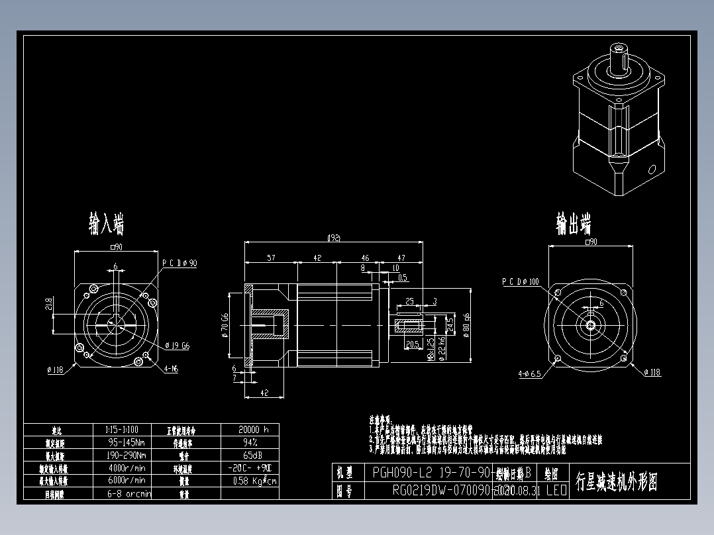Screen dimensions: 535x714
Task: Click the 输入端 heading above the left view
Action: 107,224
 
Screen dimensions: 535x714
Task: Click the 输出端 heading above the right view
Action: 574,224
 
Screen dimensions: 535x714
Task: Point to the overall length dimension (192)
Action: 334,238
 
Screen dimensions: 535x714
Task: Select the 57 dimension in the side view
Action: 271,258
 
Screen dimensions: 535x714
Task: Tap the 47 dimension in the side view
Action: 401,258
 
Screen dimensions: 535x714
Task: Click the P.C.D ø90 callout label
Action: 179,263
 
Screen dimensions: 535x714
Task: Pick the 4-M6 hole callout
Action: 171,369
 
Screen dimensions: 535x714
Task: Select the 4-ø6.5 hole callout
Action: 530,373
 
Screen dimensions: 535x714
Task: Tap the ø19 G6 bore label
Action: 177,345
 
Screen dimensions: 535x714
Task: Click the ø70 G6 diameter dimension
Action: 225,325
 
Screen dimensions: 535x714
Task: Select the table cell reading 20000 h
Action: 253,429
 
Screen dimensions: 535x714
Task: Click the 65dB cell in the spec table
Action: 253,456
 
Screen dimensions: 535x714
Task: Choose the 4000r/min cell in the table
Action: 127,468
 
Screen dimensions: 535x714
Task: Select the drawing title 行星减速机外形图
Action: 617,481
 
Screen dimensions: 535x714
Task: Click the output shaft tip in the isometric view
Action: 619,48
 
